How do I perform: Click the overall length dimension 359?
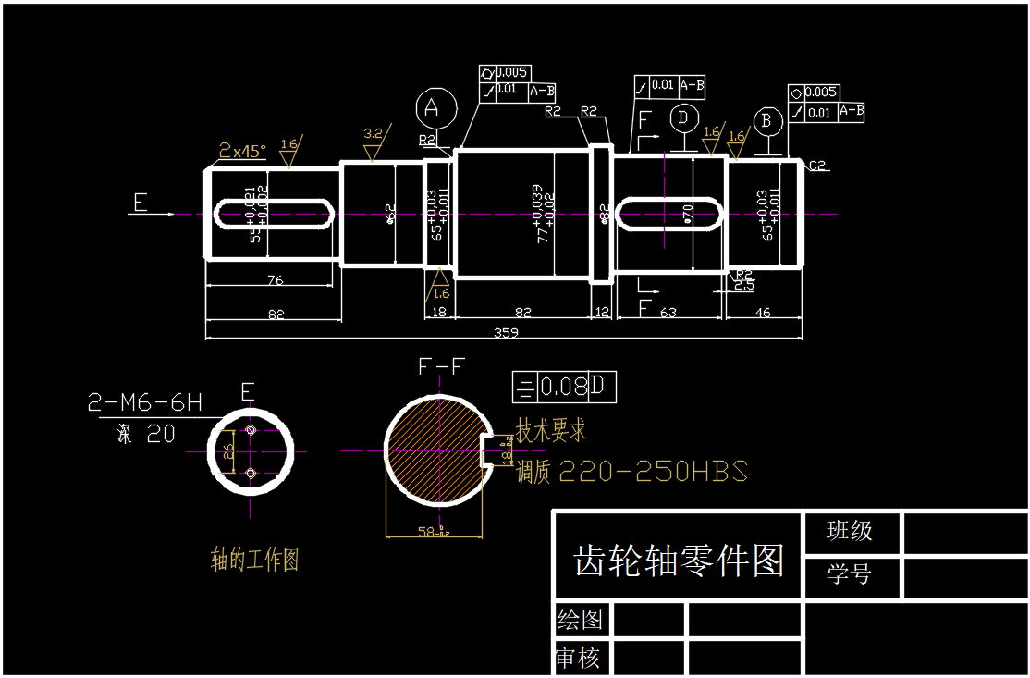(506, 332)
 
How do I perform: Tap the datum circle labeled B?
(766, 121)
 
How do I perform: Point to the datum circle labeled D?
(683, 117)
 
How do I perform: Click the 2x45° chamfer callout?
(242, 150)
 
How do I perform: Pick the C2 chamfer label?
(816, 166)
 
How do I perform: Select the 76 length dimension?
(275, 279)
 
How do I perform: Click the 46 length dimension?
(763, 313)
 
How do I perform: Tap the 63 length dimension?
(668, 313)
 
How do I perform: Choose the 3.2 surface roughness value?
(374, 133)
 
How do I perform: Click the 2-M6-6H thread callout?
(144, 402)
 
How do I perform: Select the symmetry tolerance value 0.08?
(563, 387)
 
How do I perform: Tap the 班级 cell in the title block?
(849, 531)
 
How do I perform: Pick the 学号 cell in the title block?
(849, 574)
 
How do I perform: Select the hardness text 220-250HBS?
(653, 472)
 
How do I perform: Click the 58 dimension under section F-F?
(432, 533)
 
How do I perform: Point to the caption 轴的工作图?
(255, 560)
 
